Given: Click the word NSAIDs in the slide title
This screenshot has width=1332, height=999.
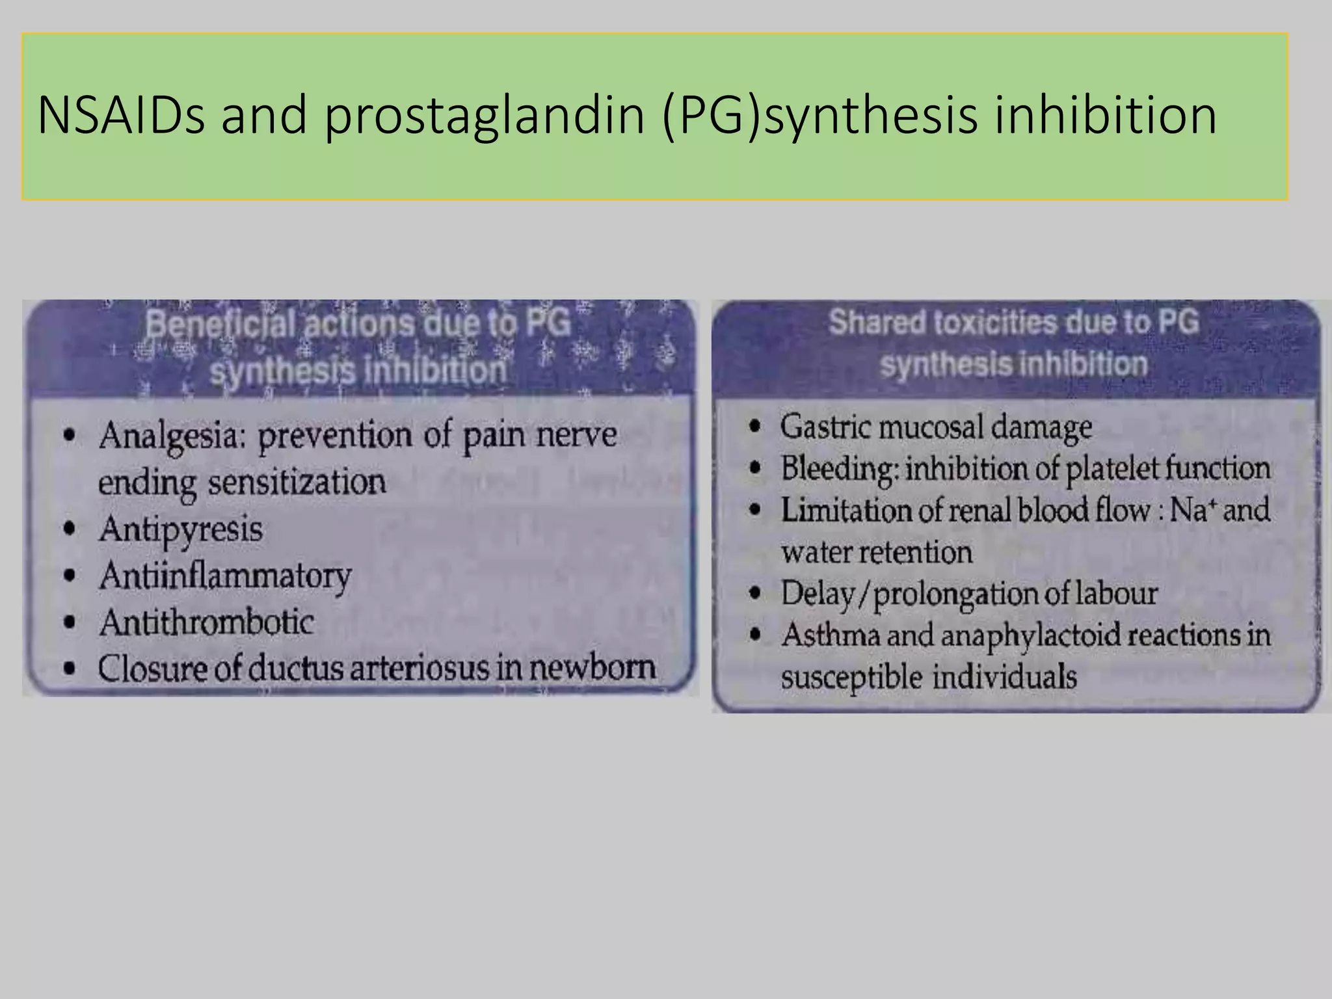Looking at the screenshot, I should coord(121,116).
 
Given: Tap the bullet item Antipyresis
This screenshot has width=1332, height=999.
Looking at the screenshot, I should coord(181,529).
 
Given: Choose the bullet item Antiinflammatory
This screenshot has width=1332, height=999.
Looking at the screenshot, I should coord(225,576).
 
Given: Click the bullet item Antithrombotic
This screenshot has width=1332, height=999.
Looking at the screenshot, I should coord(207,622).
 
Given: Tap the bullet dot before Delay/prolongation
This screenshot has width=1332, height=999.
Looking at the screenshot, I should coord(754,593).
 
